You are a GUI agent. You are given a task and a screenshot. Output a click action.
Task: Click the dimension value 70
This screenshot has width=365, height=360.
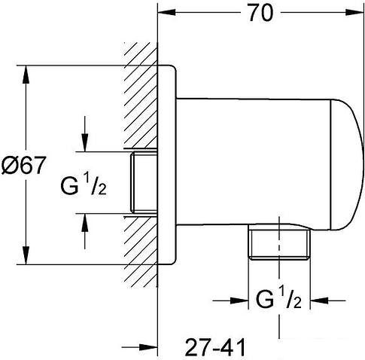tap(259, 13)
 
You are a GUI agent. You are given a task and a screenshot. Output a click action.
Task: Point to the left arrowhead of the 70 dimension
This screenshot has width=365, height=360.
tap(163, 14)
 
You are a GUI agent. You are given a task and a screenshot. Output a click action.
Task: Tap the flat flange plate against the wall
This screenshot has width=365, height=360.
tap(169, 165)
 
